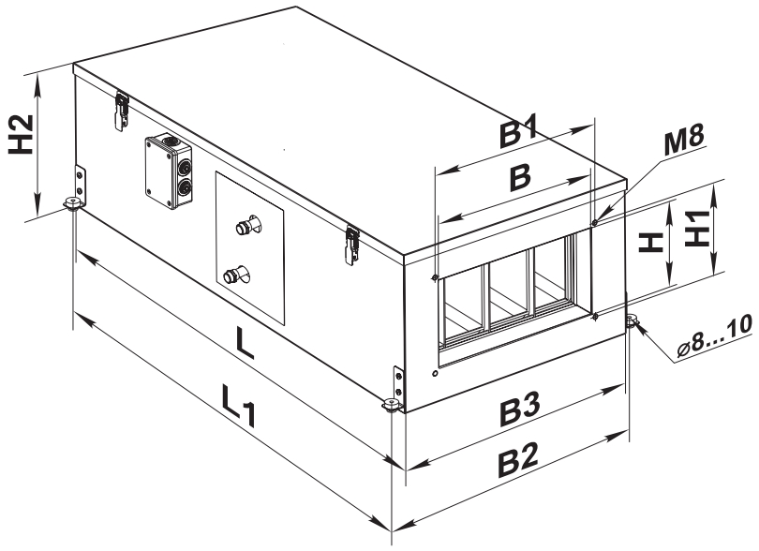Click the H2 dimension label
coord(22,135)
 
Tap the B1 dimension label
coord(518,133)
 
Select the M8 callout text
coord(683,141)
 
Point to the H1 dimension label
coord(697,229)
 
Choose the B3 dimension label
coord(520,410)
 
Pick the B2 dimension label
coord(518,460)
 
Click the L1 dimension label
coord(238,405)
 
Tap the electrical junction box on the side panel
coord(169,171)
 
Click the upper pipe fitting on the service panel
coord(247,225)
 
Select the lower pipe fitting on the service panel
coord(236,275)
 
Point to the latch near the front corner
coord(352,246)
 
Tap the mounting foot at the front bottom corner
coord(391,405)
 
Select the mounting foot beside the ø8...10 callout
coord(632,320)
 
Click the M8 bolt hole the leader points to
coord(595,222)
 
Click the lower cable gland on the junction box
coord(184,186)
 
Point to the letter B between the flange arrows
coord(520,177)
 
